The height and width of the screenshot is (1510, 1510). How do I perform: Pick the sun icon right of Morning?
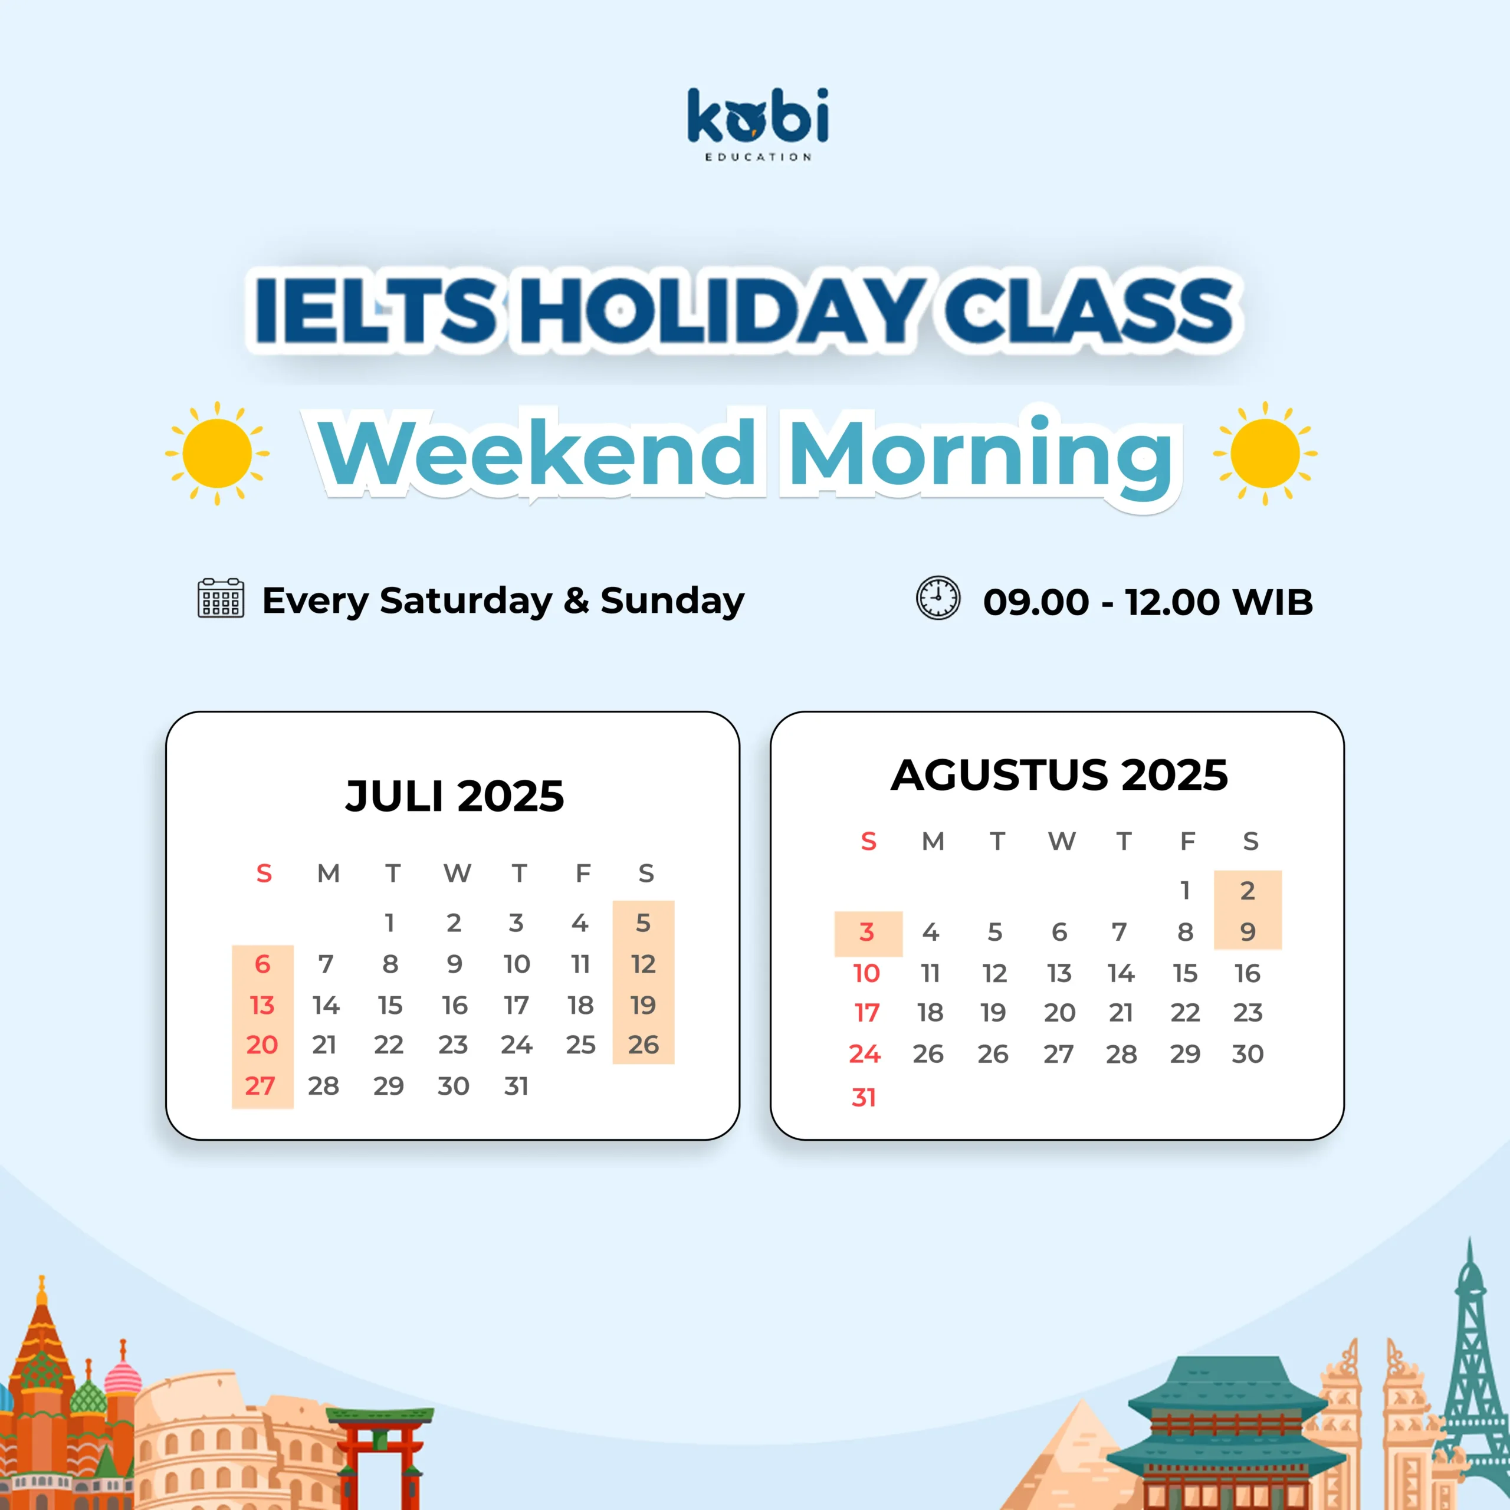1265,454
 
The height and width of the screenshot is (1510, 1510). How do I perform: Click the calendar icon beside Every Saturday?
221,599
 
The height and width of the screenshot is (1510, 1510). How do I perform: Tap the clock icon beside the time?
938,599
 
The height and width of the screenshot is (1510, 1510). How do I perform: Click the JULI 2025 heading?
455,796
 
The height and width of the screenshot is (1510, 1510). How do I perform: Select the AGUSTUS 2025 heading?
1059,775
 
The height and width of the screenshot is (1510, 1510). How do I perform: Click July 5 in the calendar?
644,923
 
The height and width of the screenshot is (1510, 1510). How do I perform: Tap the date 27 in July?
260,1085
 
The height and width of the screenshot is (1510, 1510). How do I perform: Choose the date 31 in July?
517,1085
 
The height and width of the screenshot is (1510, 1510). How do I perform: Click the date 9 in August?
1248,931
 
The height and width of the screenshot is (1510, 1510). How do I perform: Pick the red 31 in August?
864,1097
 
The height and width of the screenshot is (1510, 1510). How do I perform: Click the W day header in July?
457,873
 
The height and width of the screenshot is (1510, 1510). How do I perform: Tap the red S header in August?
868,841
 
